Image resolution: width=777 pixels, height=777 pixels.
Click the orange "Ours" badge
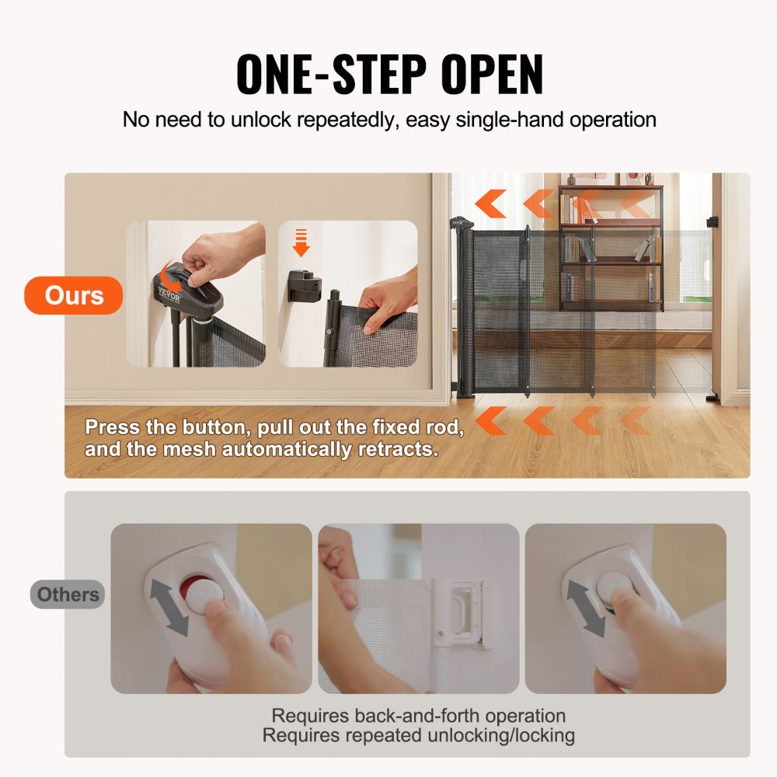coord(74,296)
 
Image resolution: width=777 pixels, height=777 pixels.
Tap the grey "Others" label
coord(68,595)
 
